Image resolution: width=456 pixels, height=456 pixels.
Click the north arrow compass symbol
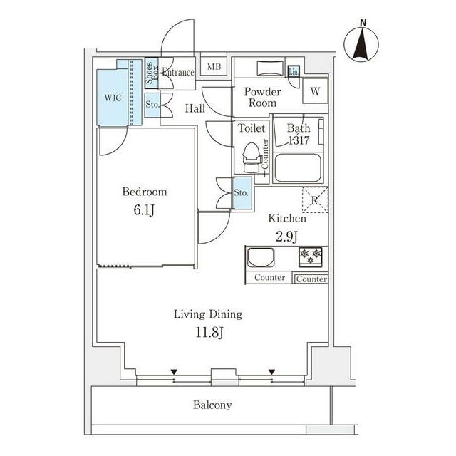(x=362, y=44)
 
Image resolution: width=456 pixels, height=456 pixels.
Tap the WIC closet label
(x=112, y=97)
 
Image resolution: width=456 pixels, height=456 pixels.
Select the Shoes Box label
(x=151, y=73)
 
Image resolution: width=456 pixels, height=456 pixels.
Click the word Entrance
(x=177, y=73)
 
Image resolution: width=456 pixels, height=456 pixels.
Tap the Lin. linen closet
(x=294, y=71)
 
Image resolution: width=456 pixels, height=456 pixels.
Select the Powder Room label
(x=262, y=98)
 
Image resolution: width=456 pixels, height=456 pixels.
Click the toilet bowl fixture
(x=249, y=157)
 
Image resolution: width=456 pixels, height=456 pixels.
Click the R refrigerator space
(x=314, y=200)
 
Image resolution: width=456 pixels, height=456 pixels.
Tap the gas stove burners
(x=310, y=256)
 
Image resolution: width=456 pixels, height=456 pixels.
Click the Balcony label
(x=212, y=405)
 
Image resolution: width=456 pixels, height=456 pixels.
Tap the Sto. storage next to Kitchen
(x=242, y=193)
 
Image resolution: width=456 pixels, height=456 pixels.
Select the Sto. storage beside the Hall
(x=152, y=105)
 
